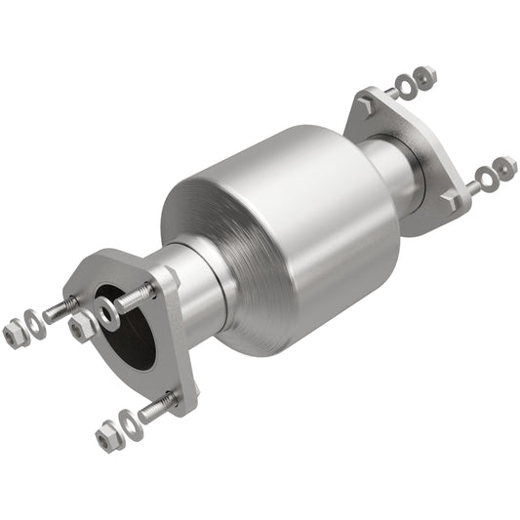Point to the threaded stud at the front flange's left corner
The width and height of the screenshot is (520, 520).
60,310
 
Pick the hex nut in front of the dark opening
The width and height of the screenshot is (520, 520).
82,328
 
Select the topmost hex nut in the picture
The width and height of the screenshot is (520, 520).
425,74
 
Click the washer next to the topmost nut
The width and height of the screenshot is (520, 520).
406,85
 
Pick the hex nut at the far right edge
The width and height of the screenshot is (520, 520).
504,167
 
